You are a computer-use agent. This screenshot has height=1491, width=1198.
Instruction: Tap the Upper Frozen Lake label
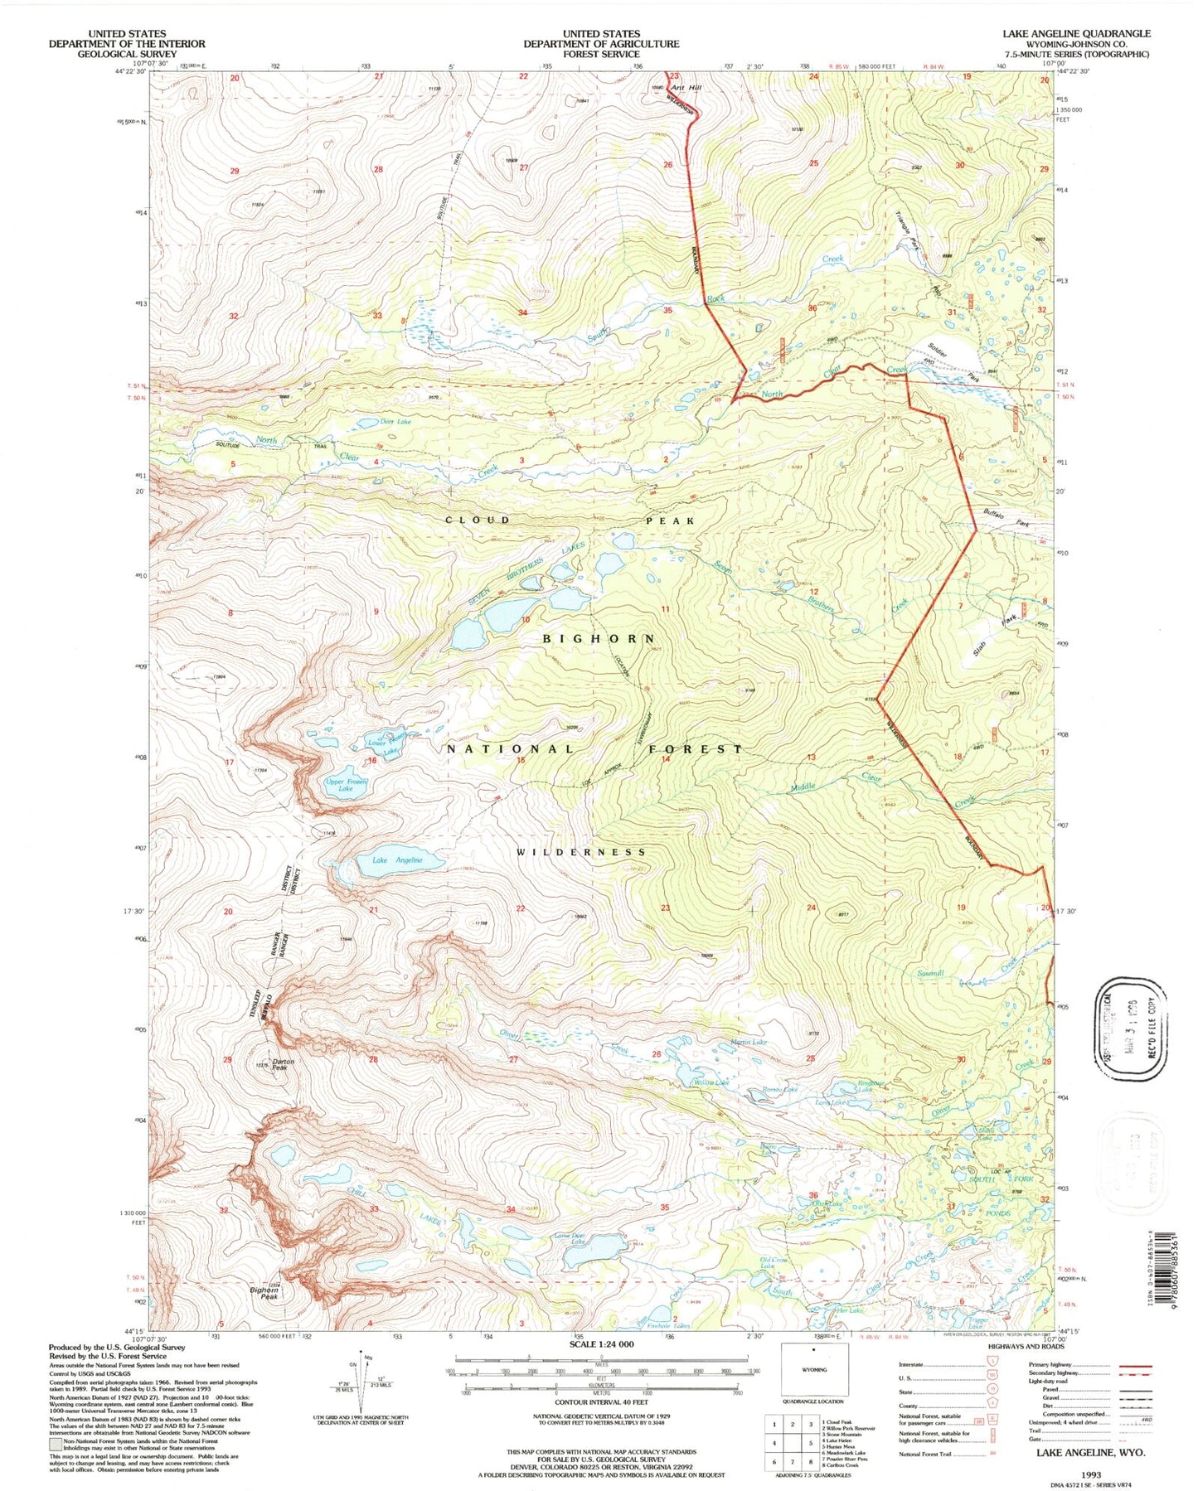pyautogui.click(x=346, y=785)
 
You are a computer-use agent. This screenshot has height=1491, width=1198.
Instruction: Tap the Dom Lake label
pyautogui.click(x=395, y=422)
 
